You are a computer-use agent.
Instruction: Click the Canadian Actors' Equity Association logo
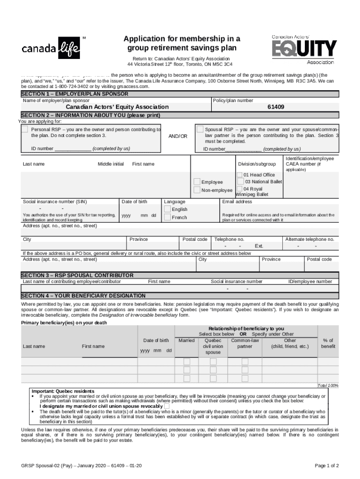pos(304,49)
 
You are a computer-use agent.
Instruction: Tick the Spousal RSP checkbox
pos(200,129)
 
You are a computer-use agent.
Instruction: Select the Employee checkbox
pos(197,182)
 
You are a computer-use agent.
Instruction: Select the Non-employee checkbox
pos(197,190)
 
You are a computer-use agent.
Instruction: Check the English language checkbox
pos(168,209)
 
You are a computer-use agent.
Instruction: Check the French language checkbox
pos(168,218)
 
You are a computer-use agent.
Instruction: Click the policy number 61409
pos(275,107)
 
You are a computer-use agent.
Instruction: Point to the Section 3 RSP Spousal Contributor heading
pos(77,275)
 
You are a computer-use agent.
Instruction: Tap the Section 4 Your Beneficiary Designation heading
pos(83,296)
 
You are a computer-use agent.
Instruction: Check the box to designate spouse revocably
pos(167,406)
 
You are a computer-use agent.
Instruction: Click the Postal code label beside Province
pos(195,239)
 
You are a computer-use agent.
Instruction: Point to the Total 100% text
pos(328,385)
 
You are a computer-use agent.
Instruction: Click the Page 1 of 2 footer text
pos(327,465)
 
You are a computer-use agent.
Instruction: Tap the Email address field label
pos(237,202)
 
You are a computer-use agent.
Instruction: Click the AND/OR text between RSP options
pos(177,136)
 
